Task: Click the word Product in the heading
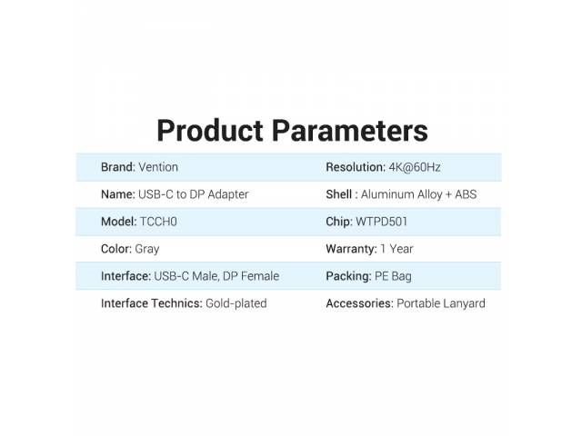[210, 131]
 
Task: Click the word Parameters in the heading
[350, 131]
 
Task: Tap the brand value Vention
[158, 167]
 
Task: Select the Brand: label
[118, 167]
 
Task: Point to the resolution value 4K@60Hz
[415, 167]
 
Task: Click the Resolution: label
[356, 167]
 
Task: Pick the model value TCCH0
[158, 222]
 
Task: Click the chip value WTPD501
[382, 222]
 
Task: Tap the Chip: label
[339, 222]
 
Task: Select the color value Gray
[147, 249]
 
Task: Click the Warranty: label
[351, 249]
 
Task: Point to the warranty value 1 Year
[396, 249]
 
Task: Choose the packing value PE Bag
[393, 276]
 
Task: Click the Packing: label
[348, 276]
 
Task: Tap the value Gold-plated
[236, 303]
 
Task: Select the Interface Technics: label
[152, 303]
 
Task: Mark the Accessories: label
[360, 303]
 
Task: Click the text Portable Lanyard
[441, 303]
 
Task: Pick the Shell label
[339, 194]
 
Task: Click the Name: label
[118, 194]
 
